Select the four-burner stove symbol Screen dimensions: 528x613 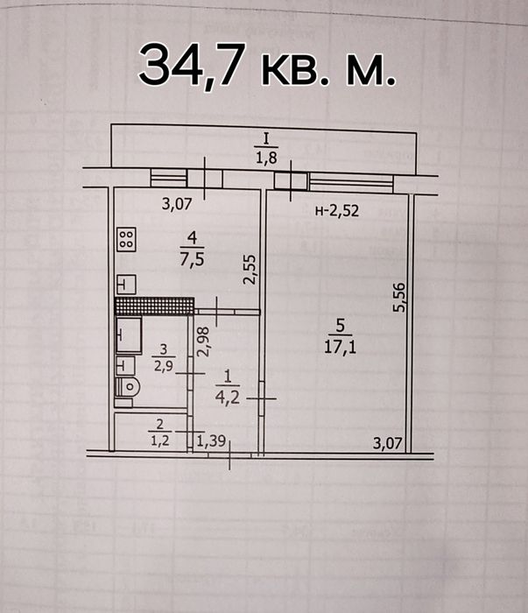pos(127,239)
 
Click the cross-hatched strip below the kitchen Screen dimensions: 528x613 pos(153,306)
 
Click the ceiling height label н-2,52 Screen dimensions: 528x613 pos(338,210)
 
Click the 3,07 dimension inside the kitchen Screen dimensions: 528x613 pos(178,206)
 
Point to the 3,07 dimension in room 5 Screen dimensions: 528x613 pos(385,443)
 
